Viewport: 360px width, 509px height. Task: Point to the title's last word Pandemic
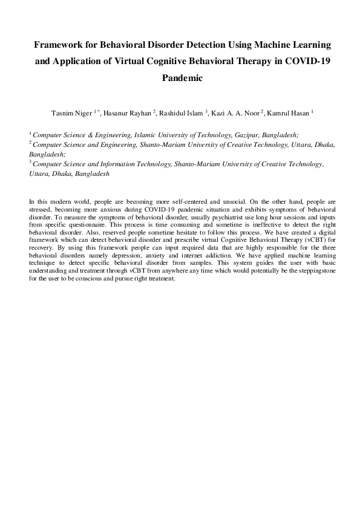click(x=180, y=78)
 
